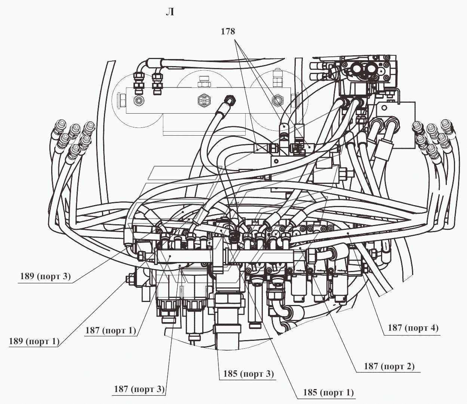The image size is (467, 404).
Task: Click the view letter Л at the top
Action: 170,12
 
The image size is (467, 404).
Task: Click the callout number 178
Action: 228,31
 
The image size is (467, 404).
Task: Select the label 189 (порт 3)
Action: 45,276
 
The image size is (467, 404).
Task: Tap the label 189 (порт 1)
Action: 34,341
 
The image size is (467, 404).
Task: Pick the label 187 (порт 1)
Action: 111,330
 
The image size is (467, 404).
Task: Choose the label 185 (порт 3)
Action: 249,374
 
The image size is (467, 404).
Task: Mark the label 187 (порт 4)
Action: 413,328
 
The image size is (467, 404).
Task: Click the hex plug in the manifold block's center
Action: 204,100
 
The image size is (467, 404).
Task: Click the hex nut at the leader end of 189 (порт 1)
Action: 129,279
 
